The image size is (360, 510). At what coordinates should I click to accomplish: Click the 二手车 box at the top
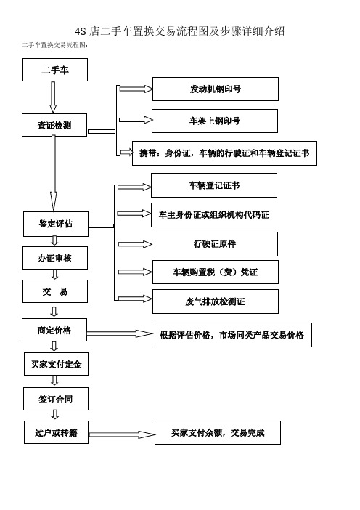pyautogui.click(x=55, y=70)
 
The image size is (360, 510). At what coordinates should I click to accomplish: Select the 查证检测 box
pyautogui.click(x=54, y=125)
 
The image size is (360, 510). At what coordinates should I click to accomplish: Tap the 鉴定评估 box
pyautogui.click(x=56, y=224)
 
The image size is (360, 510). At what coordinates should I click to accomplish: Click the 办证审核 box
pyautogui.click(x=55, y=258)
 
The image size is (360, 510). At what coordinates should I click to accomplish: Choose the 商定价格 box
pyautogui.click(x=54, y=330)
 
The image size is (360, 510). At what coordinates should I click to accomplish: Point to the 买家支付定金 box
pyautogui.click(x=56, y=364)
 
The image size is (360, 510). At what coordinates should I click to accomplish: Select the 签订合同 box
pyautogui.click(x=56, y=399)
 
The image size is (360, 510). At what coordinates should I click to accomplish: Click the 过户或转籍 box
pyautogui.click(x=56, y=432)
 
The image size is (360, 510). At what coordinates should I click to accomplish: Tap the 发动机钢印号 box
pyautogui.click(x=216, y=89)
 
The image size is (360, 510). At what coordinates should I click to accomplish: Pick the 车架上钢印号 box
pyautogui.click(x=215, y=121)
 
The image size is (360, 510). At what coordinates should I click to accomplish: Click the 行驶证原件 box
pyautogui.click(x=215, y=244)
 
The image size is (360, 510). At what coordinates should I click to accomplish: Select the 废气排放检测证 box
pyautogui.click(x=216, y=301)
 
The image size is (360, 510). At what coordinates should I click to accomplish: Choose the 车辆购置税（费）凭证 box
pyautogui.click(x=216, y=272)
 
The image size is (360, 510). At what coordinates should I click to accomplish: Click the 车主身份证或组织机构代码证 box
pyautogui.click(x=214, y=214)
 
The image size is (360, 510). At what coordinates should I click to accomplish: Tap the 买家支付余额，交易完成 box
pyautogui.click(x=218, y=432)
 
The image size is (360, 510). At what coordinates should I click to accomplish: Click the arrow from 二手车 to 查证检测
pyautogui.click(x=53, y=97)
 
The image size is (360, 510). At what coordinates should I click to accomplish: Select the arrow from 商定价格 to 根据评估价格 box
pyautogui.click(x=120, y=333)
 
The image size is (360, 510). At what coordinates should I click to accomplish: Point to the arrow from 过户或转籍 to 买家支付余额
pyautogui.click(x=122, y=434)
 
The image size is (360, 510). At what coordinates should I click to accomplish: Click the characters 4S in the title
pyautogui.click(x=81, y=31)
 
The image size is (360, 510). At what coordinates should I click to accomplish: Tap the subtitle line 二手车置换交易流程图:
pyautogui.click(x=55, y=45)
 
